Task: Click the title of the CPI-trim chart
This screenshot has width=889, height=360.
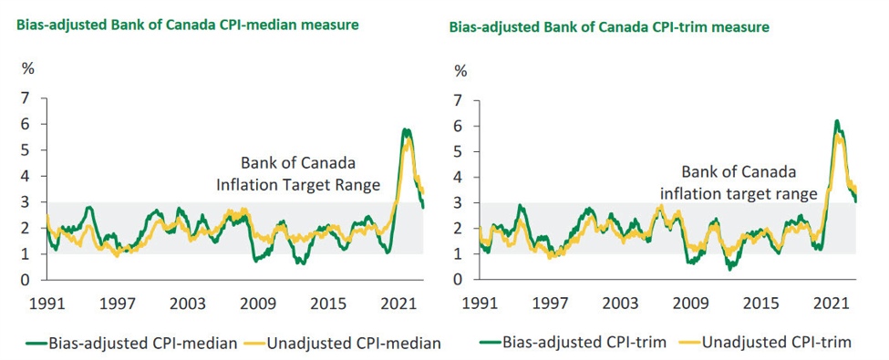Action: pos(608,27)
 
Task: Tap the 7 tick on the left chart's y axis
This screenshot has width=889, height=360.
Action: pos(27,98)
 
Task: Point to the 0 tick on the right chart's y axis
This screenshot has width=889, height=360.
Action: pos(460,280)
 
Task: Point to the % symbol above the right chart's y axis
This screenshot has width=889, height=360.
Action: pos(460,71)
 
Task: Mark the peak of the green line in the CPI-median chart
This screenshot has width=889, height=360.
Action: pos(405,129)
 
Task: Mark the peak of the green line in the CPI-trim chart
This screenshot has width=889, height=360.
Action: pos(836,120)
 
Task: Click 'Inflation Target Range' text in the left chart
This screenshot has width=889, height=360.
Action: pos(297,186)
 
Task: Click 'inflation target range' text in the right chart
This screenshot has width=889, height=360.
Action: pos(737,194)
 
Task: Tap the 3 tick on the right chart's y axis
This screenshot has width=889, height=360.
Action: pos(460,202)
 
